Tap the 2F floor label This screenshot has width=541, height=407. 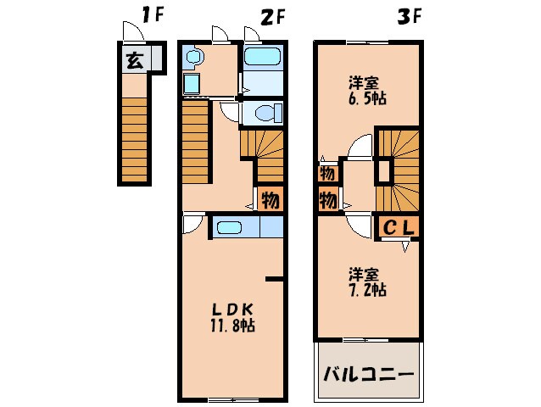pos(272,14)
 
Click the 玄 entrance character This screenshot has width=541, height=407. pos(134,60)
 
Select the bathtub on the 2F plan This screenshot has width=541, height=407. pos(262,57)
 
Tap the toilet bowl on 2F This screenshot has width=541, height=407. pos(264,112)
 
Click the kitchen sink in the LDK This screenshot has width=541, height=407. pos(229,227)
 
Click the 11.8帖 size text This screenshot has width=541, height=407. pos(232,326)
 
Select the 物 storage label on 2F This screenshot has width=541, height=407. pos(270,201)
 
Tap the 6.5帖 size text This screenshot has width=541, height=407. pos(367,99)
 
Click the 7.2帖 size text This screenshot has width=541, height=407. pos(367,290)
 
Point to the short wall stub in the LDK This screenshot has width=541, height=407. pos(273,278)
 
